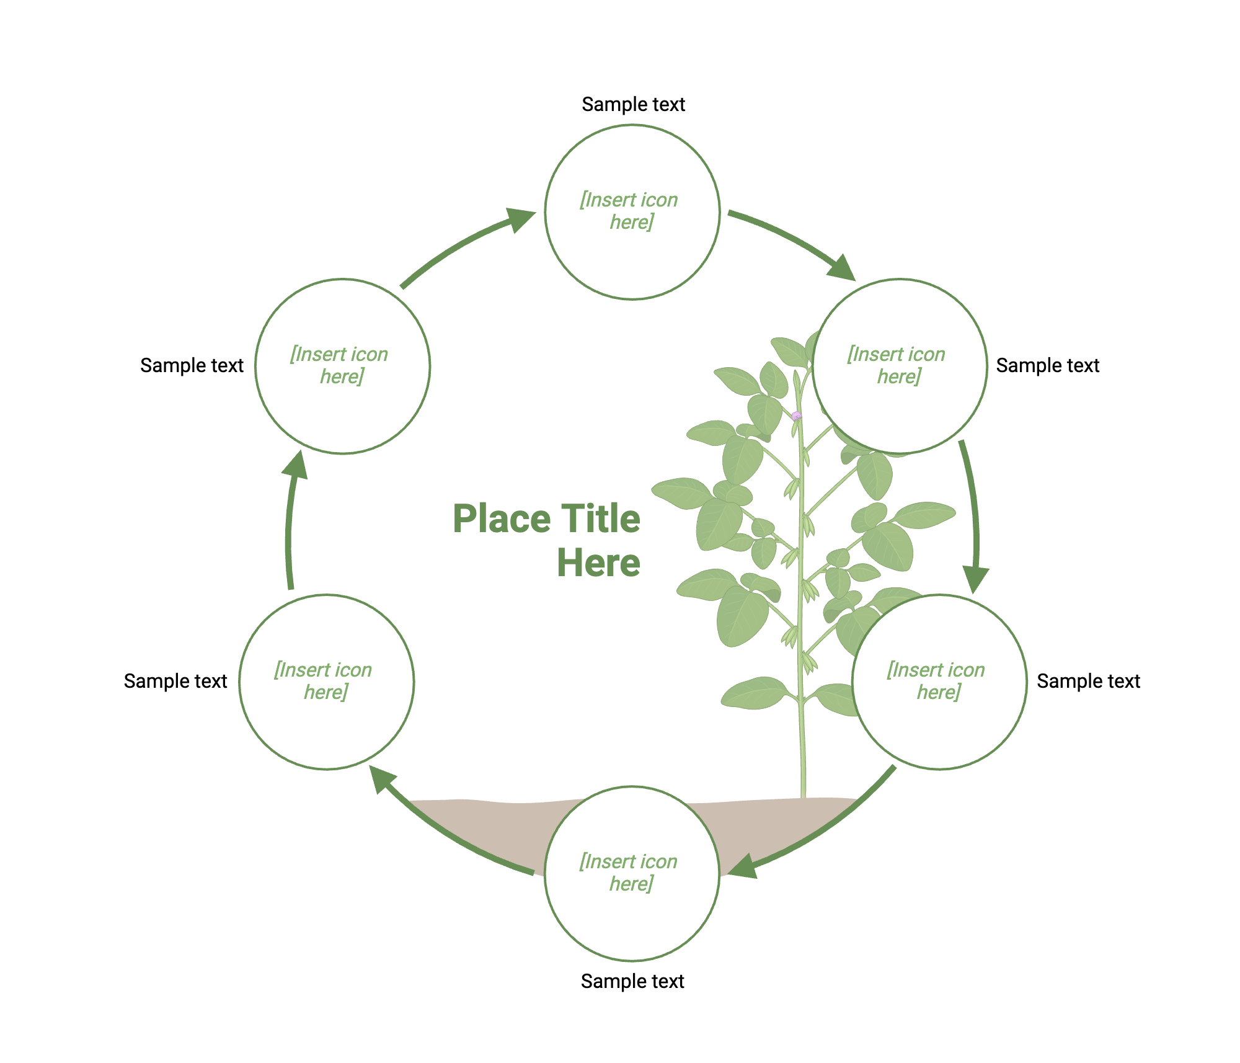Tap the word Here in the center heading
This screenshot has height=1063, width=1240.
click(x=598, y=563)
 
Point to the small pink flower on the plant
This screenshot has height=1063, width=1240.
click(x=797, y=416)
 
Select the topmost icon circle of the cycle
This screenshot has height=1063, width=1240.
click(x=632, y=212)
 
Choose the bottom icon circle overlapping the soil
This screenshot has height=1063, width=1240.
click(x=632, y=873)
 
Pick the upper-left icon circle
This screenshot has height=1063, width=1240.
click(x=342, y=366)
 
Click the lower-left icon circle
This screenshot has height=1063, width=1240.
click(x=326, y=682)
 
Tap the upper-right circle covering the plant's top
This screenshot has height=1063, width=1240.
click(x=900, y=366)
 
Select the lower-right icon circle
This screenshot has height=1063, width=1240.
click(x=939, y=682)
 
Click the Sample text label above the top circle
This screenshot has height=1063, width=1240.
click(x=633, y=104)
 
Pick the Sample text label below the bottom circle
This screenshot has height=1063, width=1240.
click(x=632, y=981)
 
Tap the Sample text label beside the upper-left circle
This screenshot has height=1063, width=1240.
click(x=192, y=365)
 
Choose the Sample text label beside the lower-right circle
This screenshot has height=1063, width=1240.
click(x=1088, y=681)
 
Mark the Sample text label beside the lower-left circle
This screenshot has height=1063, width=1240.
click(x=175, y=681)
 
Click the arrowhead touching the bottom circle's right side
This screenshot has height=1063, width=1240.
click(x=744, y=867)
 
